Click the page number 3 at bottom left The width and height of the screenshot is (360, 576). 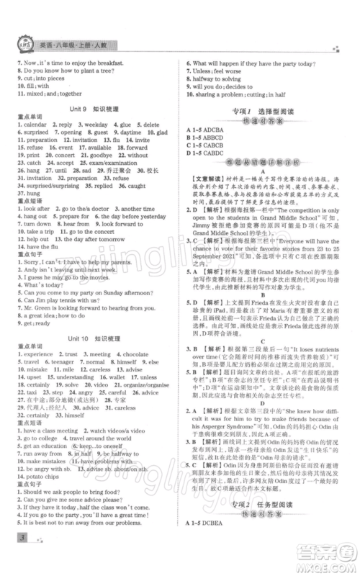[x=15, y=556]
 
